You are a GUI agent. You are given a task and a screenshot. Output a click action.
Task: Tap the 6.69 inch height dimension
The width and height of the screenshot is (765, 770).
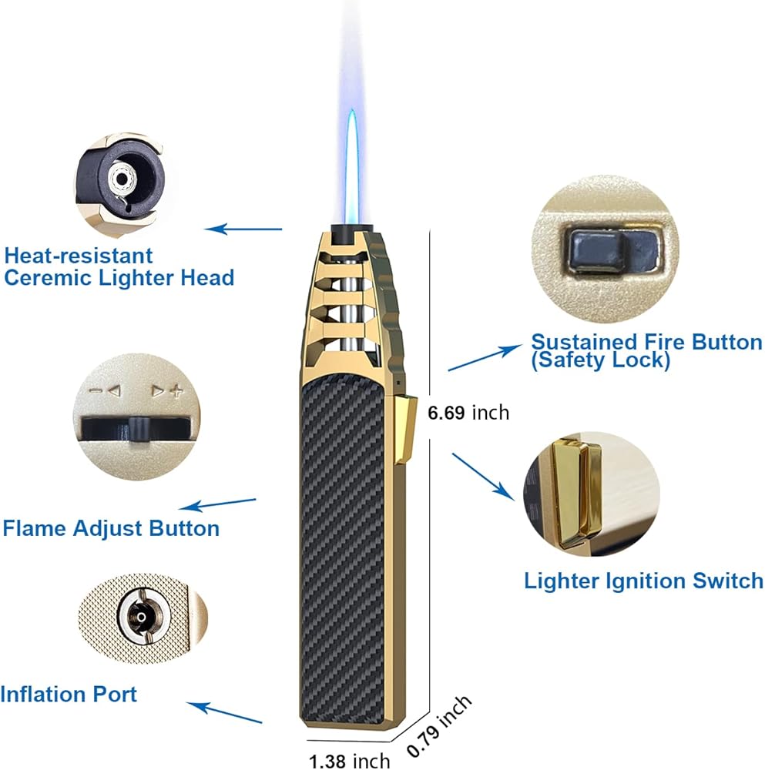[x=468, y=413]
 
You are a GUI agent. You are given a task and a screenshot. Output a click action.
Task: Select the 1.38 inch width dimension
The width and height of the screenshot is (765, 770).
[x=349, y=762]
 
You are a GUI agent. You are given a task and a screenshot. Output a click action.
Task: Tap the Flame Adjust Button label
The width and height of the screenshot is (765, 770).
[x=111, y=528]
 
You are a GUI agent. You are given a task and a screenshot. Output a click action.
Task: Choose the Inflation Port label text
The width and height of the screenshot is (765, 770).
[x=69, y=694]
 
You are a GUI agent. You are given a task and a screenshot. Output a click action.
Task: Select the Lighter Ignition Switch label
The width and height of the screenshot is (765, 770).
[x=643, y=581]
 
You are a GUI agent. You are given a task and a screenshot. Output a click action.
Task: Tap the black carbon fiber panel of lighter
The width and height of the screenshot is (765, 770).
[x=347, y=539]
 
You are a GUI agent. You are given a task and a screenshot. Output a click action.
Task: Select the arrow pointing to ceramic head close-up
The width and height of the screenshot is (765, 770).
[x=243, y=229]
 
